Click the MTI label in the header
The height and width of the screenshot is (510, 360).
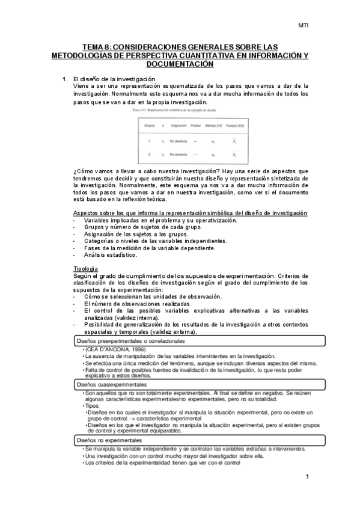[x=304, y=25]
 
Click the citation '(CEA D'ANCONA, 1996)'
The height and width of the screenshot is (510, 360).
[x=111, y=349]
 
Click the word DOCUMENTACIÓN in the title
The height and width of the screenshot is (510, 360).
[x=180, y=63]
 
